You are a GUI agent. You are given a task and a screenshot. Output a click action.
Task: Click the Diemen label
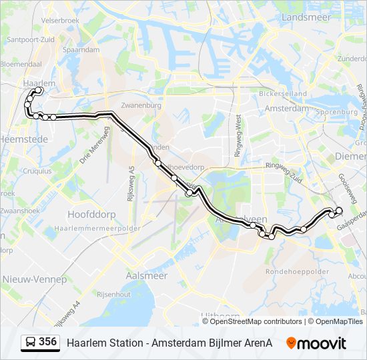tap(353, 156)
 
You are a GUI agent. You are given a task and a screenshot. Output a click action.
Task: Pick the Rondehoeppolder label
tap(297, 271)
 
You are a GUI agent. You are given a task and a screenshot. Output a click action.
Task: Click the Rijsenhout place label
tap(113, 293)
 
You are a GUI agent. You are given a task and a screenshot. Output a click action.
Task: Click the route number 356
tap(47, 342)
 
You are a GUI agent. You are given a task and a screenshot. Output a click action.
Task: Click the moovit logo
tap(316, 343)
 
